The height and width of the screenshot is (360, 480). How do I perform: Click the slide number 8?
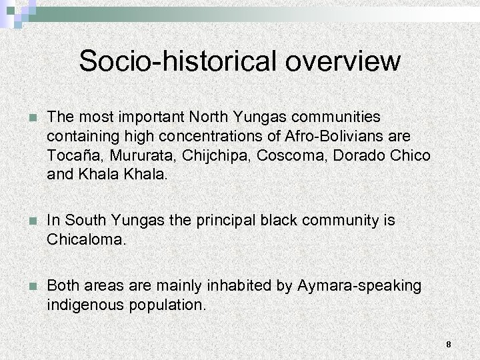pos(449,345)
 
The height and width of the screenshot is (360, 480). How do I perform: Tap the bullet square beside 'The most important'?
pos(27,118)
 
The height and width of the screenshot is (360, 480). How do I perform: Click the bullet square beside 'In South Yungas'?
pos(27,221)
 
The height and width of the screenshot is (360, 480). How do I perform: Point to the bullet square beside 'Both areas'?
pos(27,286)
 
